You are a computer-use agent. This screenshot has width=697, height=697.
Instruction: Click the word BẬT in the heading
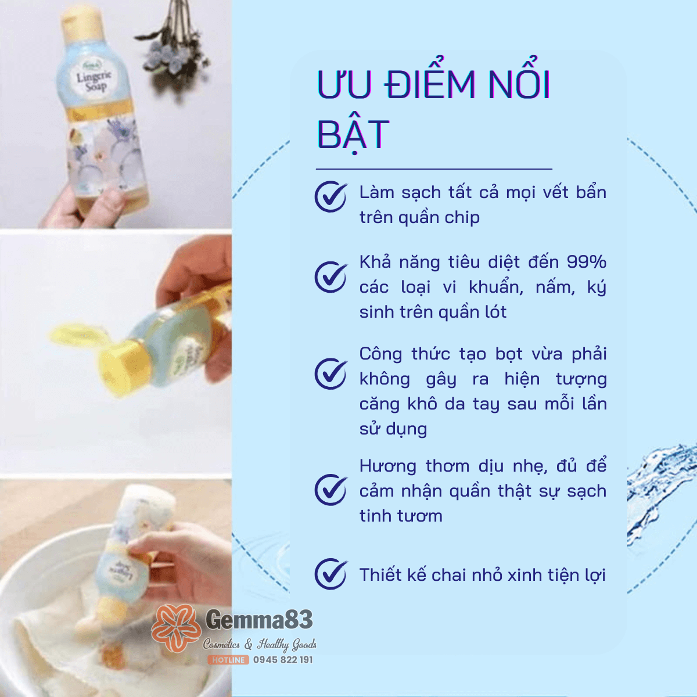pos(353,135)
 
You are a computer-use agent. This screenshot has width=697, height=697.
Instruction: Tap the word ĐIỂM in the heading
pos(430,84)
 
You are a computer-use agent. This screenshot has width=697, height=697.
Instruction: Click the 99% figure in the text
pos(587,262)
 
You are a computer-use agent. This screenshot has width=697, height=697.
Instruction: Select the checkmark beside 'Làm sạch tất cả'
pos(330,196)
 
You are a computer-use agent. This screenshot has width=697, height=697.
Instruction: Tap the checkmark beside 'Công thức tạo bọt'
pos(330,373)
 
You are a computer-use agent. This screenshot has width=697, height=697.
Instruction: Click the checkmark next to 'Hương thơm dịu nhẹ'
pos(330,490)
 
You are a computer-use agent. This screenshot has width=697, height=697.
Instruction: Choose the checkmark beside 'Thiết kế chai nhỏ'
pos(330,574)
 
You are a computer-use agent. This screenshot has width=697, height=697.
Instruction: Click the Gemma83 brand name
pos(259,620)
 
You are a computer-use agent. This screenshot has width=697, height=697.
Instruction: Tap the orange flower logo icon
pos(175,627)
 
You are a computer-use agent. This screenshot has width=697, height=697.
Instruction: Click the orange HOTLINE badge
pos(228,660)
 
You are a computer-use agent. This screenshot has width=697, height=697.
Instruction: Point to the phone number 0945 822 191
pos(283,660)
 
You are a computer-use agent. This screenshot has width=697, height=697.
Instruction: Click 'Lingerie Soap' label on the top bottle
pos(93,80)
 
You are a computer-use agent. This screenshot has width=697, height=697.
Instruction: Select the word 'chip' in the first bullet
pos(462,217)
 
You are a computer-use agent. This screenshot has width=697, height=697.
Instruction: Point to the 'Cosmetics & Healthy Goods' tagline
pos(260,644)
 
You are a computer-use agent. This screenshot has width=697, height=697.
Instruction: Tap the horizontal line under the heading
pos(434,169)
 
